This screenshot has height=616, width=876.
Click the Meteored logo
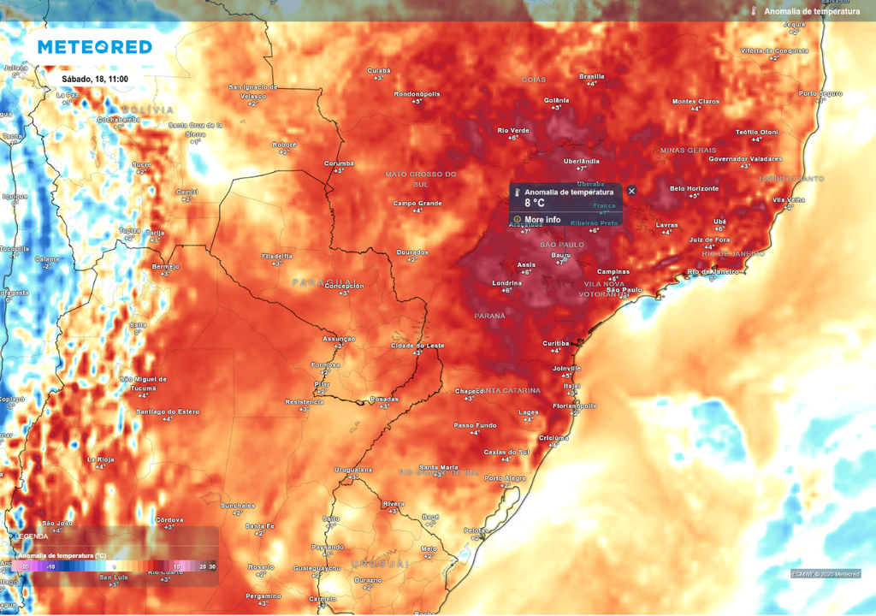click(x=94, y=47)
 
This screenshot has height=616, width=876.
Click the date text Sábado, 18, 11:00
click(x=95, y=79)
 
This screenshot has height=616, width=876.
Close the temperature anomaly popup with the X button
click(x=631, y=191)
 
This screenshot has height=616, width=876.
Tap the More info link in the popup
click(x=542, y=220)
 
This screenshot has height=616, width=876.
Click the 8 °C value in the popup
click(x=535, y=204)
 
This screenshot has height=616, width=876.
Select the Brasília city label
click(x=592, y=76)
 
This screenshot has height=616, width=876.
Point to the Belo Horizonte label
click(x=694, y=188)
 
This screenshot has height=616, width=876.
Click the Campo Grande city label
click(x=417, y=203)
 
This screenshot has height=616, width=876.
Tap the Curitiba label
click(x=556, y=343)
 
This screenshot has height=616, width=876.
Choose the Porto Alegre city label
click(x=505, y=478)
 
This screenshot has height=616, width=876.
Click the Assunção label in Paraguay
click(x=338, y=339)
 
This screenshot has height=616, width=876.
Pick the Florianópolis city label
click(x=574, y=406)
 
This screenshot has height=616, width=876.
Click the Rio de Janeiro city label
click(x=713, y=272)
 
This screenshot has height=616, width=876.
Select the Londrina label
click(x=506, y=283)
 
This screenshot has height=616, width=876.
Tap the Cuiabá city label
click(x=379, y=70)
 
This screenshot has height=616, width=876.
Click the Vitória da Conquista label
click(x=773, y=50)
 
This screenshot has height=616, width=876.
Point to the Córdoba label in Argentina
click(x=169, y=519)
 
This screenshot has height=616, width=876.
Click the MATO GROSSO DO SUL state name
click(x=421, y=178)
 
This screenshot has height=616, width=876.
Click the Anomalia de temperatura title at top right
click(x=812, y=11)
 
